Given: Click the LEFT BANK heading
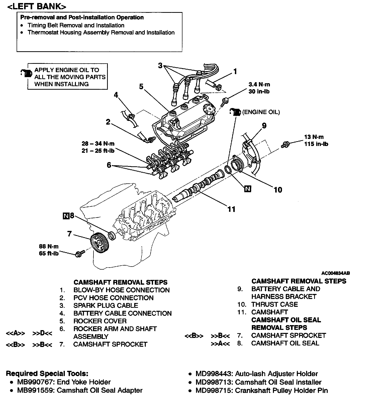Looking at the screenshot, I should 37,7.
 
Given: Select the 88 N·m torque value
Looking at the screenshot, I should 49,246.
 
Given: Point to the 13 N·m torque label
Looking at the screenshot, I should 314,137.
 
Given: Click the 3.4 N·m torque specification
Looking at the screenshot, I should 259,85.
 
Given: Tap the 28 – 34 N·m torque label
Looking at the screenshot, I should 98,144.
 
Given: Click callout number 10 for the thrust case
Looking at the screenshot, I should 278,190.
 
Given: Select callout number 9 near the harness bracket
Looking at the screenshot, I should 264,126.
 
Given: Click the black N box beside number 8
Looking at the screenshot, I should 66,216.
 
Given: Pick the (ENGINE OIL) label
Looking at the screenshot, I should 261,112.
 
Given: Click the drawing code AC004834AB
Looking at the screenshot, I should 336,273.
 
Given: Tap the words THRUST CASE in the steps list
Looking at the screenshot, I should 274,305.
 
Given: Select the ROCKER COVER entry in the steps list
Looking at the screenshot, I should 100,321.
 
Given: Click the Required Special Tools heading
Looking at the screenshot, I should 47,374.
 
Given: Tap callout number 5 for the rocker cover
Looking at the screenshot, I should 141,87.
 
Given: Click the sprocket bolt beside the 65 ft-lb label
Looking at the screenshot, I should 78,254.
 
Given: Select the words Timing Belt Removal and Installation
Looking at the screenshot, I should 76,25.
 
